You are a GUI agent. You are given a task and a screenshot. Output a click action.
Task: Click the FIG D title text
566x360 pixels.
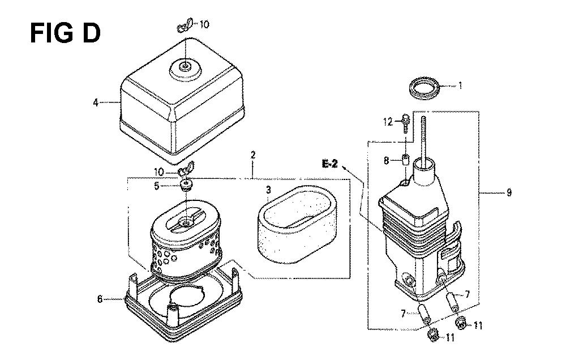[x=65, y=33]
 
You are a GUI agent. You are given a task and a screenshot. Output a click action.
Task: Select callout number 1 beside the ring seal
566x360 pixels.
[x=460, y=85]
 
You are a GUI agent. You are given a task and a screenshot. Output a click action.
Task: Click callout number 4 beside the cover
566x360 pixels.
[x=96, y=102]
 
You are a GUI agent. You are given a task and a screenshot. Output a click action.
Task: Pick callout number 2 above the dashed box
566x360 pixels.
[x=253, y=155]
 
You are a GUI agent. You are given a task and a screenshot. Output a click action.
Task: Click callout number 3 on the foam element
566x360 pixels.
[x=268, y=190]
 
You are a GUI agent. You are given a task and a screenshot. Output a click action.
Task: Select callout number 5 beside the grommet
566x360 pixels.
[x=157, y=186]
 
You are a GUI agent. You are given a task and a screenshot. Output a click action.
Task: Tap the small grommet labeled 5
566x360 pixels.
[x=186, y=185]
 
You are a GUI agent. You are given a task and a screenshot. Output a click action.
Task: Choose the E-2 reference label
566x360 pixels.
[x=329, y=164]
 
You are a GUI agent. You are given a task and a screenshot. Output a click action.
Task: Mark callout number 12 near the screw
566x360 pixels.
[x=388, y=122]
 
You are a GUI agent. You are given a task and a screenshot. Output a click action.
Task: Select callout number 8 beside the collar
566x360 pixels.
[x=387, y=160]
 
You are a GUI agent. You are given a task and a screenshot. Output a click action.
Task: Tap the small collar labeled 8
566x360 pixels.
[x=405, y=159]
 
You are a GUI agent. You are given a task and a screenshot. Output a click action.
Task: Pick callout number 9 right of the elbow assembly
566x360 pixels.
[x=509, y=192]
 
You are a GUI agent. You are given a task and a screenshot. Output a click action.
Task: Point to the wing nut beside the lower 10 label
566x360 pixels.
[x=186, y=169]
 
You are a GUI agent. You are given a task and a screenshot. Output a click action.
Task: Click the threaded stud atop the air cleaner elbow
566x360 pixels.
[x=423, y=139]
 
